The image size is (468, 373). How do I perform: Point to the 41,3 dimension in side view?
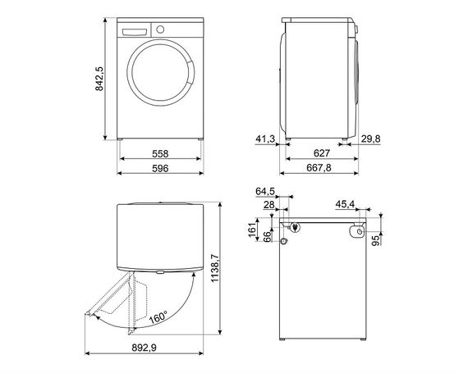pos(264,139)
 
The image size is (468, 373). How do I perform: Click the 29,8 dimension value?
pos(371,139)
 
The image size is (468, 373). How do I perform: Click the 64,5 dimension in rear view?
pos(266,190)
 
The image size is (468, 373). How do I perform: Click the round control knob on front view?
pos(159,29)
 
